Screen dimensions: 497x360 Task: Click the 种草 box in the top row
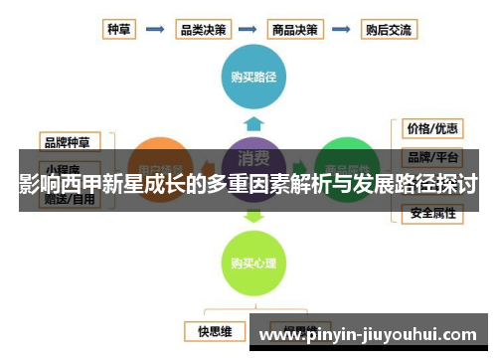point(116,29)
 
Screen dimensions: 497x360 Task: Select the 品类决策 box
point(204,29)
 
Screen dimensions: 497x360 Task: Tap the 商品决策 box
point(296,29)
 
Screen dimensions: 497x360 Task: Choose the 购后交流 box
point(389,29)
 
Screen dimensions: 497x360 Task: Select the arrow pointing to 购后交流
point(343,30)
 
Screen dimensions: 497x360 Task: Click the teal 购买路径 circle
point(253,75)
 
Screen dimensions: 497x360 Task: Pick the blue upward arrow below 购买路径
point(253,124)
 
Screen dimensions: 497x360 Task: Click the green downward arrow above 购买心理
point(253,215)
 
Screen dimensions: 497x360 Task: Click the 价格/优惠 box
point(431,129)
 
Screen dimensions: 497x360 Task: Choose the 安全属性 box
point(431,213)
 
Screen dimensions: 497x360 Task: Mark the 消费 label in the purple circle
point(253,156)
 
